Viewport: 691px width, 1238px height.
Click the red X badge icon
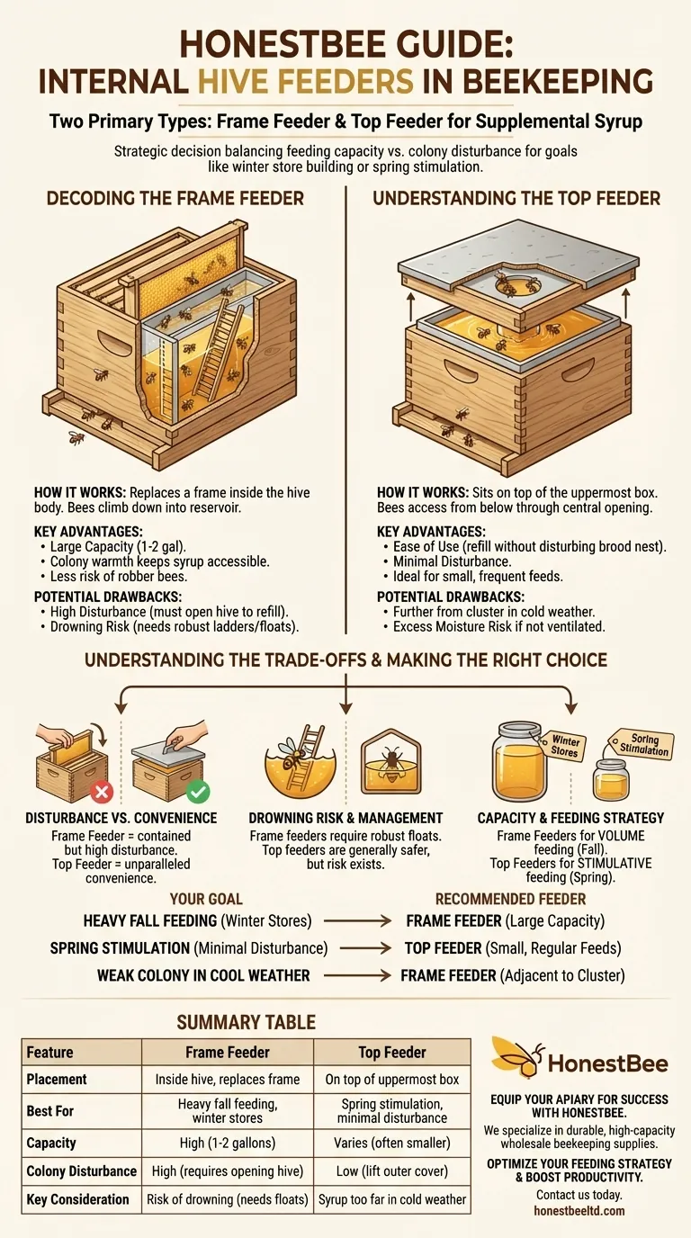pos(102,792)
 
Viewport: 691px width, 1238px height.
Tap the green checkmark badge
pos(198,792)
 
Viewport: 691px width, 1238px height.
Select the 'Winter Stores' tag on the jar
pos(563,746)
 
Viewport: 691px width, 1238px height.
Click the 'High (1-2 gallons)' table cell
pos(228,1143)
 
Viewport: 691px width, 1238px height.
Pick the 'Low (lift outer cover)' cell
pos(392,1171)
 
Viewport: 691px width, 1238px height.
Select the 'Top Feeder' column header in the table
pos(392,1053)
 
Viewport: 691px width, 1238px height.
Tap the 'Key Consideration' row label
pos(78,1199)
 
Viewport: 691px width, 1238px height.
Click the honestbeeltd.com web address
pos(579,1211)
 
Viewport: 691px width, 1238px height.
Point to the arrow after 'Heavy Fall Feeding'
pos(357,921)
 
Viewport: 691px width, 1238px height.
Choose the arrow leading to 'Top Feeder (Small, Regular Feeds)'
pos(365,948)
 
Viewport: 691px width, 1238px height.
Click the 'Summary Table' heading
pos(246,1022)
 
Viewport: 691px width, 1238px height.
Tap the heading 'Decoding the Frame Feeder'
pos(175,199)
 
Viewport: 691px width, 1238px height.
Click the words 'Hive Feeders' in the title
pos(306,81)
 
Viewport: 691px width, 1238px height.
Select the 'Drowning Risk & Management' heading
pos(345,818)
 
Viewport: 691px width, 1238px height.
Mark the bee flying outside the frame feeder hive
pos(76,438)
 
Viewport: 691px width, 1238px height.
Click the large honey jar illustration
pos(519,760)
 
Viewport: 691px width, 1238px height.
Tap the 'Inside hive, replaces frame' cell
pos(228,1080)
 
